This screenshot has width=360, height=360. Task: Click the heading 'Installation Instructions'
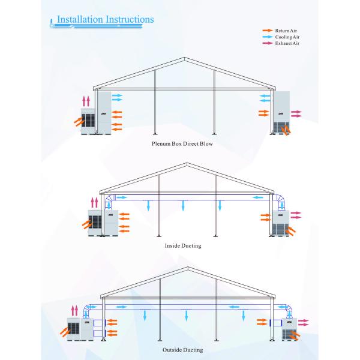pos(106,19)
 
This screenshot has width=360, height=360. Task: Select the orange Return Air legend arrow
pos(268,31)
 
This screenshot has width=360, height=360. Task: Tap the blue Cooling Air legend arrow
pos(268,37)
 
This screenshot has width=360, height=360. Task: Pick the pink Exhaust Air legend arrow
pos(268,43)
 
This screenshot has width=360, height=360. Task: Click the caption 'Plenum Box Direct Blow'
pos(182,144)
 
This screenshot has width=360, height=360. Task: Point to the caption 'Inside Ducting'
pos(183,245)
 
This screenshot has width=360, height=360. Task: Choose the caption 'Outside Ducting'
pos(183,350)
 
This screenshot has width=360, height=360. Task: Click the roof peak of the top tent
pos(184,58)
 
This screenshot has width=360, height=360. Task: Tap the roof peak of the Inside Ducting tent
pos(187,163)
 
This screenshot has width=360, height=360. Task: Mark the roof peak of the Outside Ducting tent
pos(188,267)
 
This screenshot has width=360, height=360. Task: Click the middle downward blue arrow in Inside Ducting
pos(183,205)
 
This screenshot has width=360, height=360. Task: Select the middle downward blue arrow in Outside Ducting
pos(186,315)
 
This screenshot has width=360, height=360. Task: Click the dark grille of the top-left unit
pos(88,121)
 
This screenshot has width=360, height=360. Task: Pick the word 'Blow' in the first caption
pos(206,144)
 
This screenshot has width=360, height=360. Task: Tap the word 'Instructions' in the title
pos(130,19)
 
